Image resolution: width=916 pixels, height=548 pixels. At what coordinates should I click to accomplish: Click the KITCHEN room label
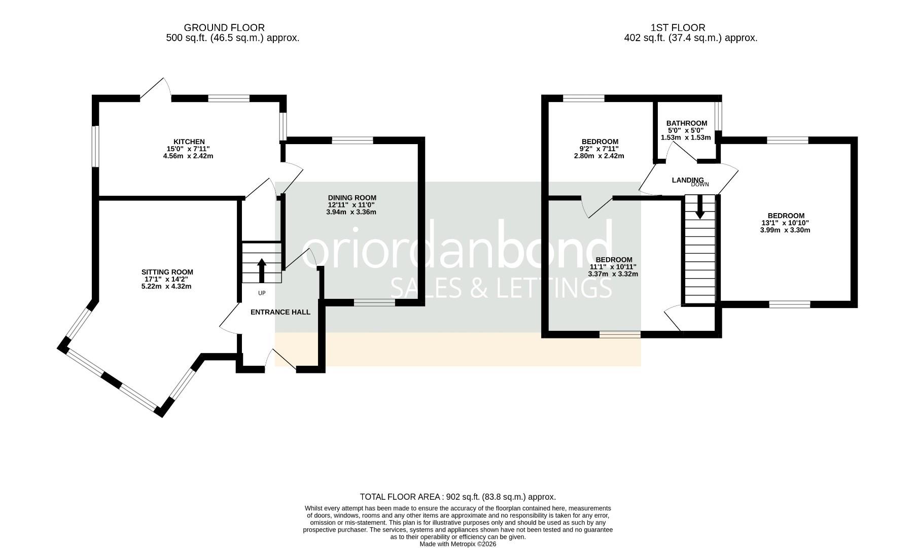[189, 142]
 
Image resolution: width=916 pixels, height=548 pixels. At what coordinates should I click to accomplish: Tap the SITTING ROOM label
[167, 272]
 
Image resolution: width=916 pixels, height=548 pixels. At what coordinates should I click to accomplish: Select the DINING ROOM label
[352, 198]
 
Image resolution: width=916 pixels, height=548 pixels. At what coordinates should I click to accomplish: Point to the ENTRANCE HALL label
[280, 312]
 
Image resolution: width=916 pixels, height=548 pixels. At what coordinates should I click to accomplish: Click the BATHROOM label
[686, 123]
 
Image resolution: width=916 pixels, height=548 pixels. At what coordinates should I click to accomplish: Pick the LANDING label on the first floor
[688, 180]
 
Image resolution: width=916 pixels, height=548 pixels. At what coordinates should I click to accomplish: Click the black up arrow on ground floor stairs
[262, 270]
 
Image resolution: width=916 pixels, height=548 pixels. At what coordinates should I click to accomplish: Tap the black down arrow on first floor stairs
[700, 207]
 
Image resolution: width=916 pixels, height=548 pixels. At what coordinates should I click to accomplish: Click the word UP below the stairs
[262, 293]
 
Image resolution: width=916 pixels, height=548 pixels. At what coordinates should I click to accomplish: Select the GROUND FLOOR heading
[224, 27]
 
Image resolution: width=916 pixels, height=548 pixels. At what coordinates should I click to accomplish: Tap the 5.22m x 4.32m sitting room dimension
[166, 286]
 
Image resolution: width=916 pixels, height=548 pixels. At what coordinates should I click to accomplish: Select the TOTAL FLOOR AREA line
[457, 497]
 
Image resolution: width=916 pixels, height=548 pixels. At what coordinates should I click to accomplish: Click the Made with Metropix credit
[458, 544]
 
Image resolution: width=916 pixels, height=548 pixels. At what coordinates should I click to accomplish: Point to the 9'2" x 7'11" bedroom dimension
[600, 149]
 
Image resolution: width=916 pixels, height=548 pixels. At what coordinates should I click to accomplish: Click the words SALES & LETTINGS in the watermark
[501, 288]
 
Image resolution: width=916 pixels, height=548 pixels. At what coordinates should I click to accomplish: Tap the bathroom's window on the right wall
[718, 116]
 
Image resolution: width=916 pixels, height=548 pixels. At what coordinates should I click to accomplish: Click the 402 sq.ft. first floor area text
[690, 38]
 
